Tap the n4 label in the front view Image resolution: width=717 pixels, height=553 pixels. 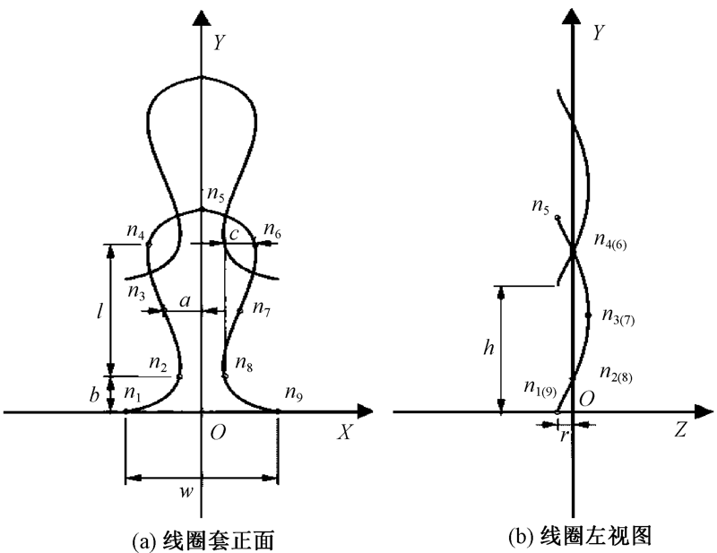click(137, 232)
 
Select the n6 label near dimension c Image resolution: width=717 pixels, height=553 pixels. click(272, 233)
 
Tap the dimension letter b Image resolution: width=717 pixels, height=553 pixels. click(95, 393)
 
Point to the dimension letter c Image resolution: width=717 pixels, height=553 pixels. click(235, 235)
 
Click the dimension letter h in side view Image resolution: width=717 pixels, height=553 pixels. click(488, 350)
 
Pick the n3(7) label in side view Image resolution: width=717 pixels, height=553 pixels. click(619, 318)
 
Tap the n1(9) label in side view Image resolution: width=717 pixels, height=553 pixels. click(540, 387)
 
